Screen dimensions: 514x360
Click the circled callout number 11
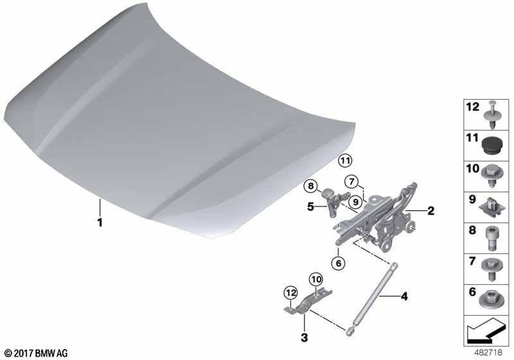click(344, 161)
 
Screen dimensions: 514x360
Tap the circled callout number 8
click(310, 186)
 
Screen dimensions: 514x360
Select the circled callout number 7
click(351, 182)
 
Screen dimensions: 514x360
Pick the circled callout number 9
click(355, 202)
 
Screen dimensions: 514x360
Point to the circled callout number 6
click(339, 263)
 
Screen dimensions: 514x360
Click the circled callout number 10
click(316, 280)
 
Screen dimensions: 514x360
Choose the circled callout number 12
click(291, 292)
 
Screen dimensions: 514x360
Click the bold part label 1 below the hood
click(100, 222)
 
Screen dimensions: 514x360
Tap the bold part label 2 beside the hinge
click(430, 210)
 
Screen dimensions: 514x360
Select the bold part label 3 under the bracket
click(304, 337)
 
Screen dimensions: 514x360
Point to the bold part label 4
click(405, 296)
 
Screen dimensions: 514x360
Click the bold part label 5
click(310, 207)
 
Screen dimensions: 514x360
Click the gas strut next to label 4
click(371, 298)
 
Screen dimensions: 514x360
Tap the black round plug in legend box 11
click(492, 147)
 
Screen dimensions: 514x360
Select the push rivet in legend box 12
click(492, 115)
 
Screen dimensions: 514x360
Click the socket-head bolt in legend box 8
click(491, 238)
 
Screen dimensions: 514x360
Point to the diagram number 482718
click(488, 353)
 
